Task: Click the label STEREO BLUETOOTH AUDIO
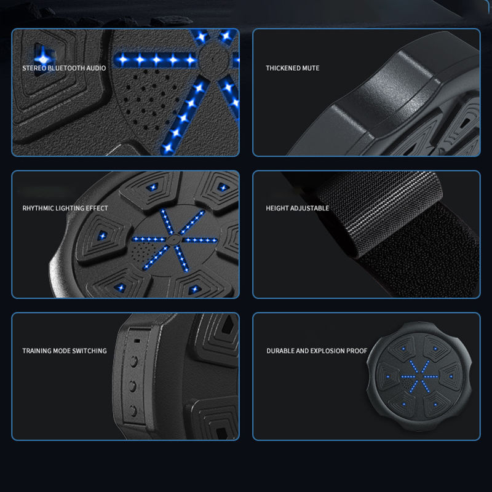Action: click(64, 68)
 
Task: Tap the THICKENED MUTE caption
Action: click(293, 68)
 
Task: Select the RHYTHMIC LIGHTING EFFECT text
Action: click(65, 208)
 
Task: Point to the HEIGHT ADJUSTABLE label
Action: click(298, 208)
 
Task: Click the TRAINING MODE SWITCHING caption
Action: click(65, 351)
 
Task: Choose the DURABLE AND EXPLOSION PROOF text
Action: click(317, 351)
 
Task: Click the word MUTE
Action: click(311, 68)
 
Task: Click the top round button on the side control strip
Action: click(133, 361)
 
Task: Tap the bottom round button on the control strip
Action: click(133, 410)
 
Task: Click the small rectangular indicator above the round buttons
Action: click(137, 341)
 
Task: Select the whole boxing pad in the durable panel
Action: click(419, 376)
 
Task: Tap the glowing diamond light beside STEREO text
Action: click(44, 57)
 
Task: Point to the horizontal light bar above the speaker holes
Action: click(156, 59)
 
